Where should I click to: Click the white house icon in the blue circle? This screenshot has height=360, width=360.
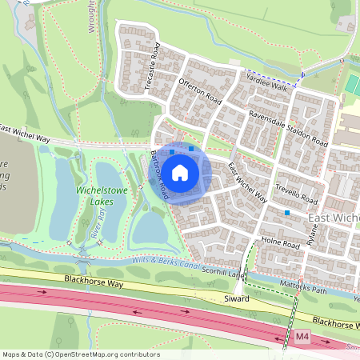tap(181, 172)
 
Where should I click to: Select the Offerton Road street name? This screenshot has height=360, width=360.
tap(200, 89)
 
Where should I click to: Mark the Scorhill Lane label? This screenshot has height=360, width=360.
tap(223, 273)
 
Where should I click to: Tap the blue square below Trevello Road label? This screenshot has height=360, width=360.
tap(286, 213)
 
